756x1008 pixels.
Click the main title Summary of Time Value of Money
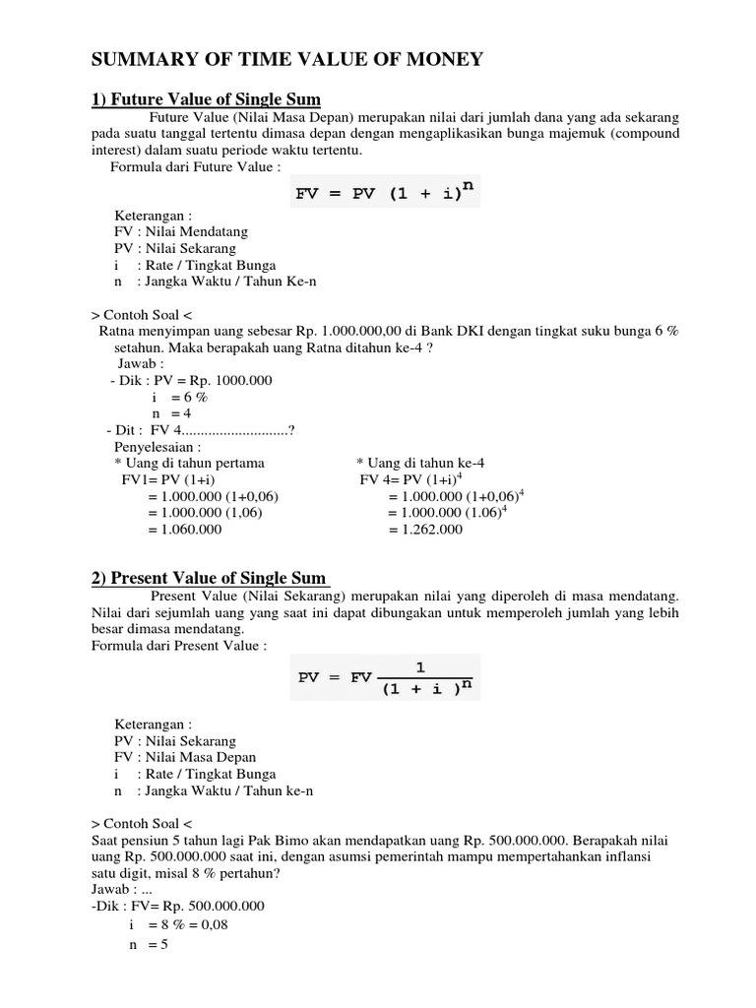point(286,61)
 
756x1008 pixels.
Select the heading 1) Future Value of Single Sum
point(207,100)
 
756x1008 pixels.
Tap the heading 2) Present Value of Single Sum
point(209,577)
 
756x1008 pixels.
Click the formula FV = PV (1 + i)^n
point(385,192)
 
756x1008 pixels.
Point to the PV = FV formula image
point(386,677)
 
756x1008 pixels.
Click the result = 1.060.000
point(184,529)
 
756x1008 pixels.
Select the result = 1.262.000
point(424,529)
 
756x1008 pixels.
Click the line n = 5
point(150,944)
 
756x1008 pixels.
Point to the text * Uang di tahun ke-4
point(419,463)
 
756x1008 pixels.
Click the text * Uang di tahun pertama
point(189,463)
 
